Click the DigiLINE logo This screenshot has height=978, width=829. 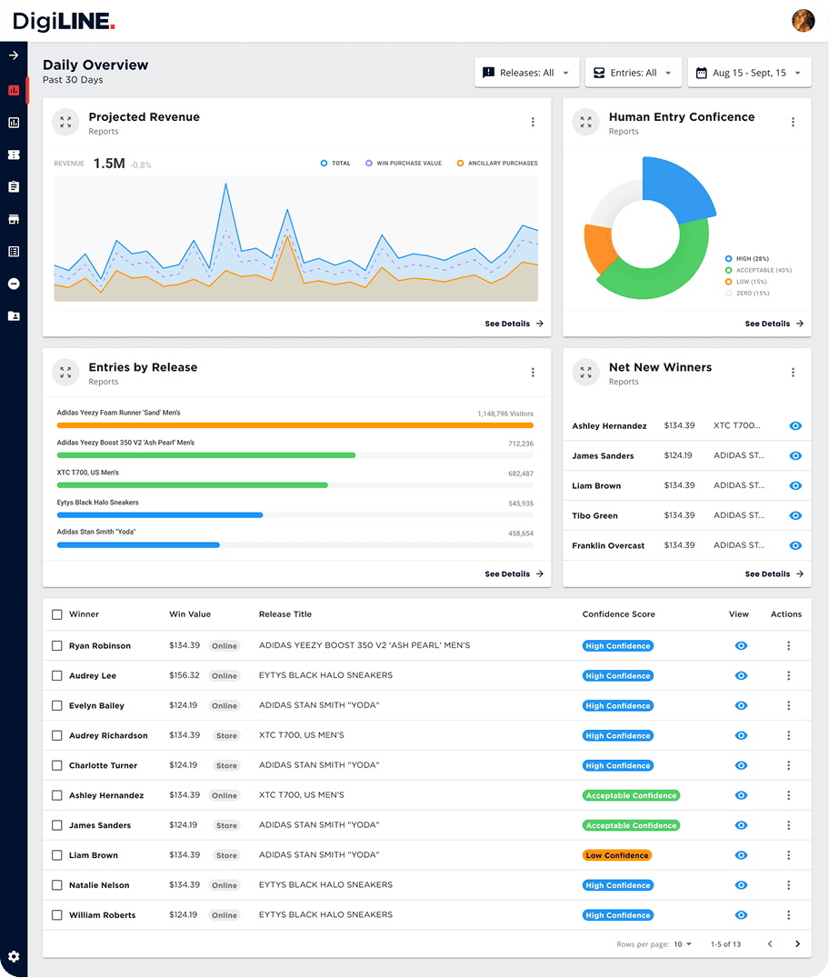point(64,21)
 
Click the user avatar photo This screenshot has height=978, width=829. point(804,21)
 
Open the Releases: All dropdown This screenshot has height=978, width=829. point(526,73)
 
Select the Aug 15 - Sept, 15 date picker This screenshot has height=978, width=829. point(749,73)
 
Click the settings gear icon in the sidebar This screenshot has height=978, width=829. point(14,956)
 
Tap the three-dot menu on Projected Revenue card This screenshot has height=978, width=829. point(533,123)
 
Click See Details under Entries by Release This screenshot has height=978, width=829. point(514,574)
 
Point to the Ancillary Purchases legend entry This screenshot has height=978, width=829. point(497,164)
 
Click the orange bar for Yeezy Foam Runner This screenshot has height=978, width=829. point(295,424)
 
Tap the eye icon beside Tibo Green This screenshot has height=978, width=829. point(795,515)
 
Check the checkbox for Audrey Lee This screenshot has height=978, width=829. point(57,676)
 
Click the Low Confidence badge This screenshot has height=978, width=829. point(617,855)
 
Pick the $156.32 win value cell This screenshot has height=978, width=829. point(185,676)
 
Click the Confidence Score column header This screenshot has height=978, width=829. point(618,614)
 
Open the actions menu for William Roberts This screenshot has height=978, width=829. point(788,915)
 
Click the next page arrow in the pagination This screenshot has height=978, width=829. point(797,944)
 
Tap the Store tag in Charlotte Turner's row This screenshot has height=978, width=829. point(226,765)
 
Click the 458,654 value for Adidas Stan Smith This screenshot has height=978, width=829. point(521,534)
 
